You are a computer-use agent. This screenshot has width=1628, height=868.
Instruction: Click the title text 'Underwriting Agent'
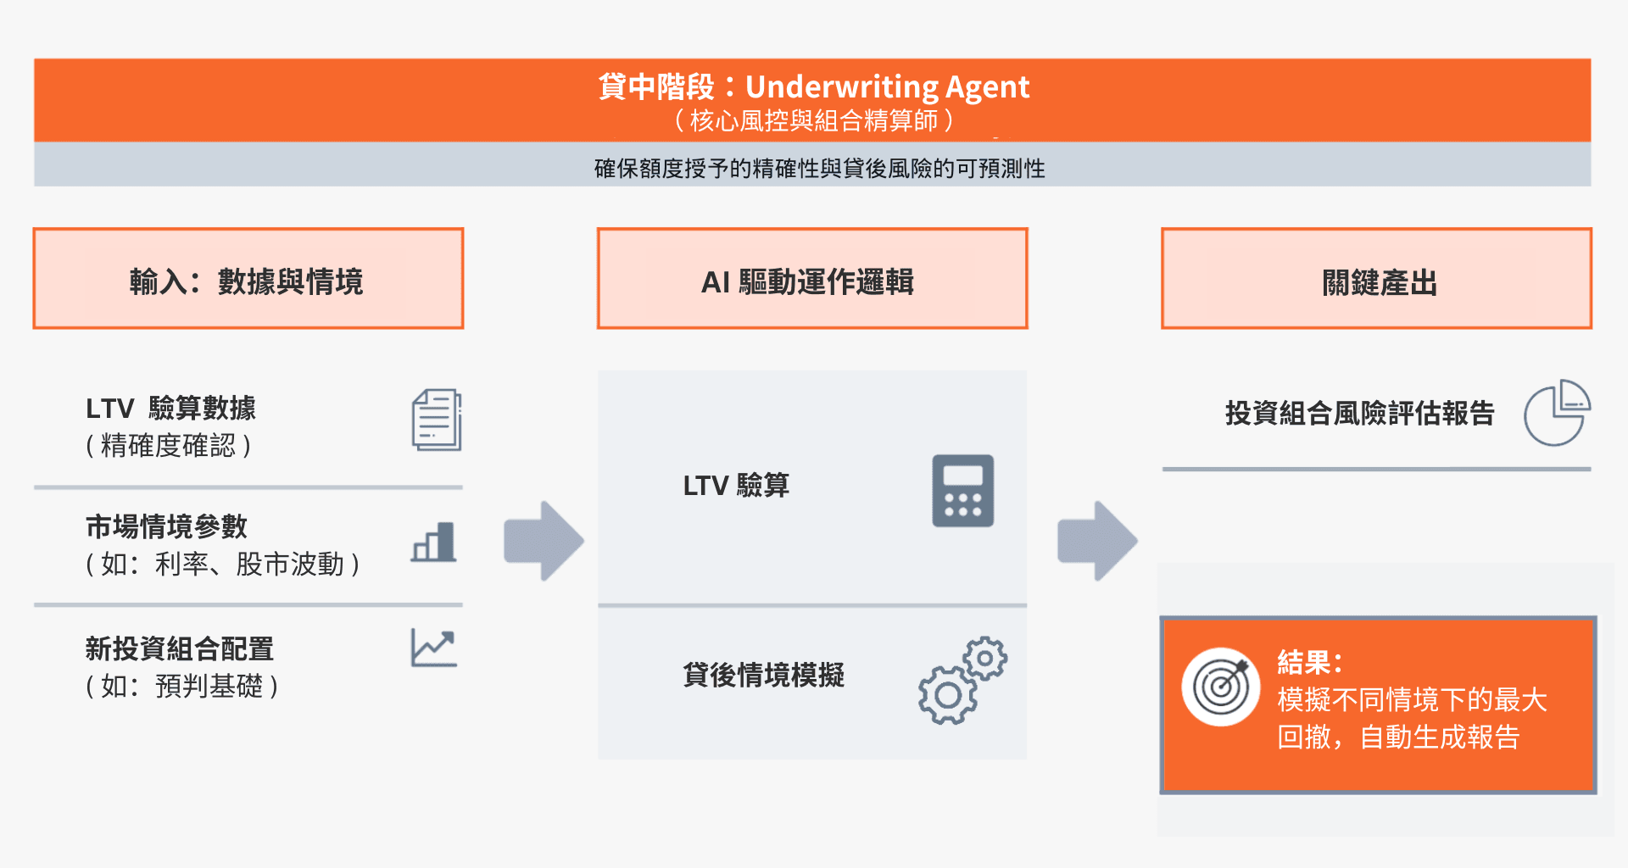click(887, 86)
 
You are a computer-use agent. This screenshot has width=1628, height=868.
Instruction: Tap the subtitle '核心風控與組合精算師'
click(814, 120)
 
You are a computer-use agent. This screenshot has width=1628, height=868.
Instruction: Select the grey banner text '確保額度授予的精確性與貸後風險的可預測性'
click(819, 168)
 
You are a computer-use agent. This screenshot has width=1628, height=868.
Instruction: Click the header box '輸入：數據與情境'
click(248, 279)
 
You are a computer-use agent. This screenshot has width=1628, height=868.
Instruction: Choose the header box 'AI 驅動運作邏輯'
click(811, 279)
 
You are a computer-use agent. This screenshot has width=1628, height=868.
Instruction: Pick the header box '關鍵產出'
click(1376, 279)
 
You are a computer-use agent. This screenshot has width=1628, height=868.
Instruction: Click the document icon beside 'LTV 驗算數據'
click(437, 420)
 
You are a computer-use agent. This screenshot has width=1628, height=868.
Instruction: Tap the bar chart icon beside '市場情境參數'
click(434, 542)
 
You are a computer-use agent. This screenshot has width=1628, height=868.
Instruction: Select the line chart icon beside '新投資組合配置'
click(434, 648)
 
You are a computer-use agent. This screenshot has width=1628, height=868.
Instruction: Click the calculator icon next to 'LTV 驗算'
click(962, 491)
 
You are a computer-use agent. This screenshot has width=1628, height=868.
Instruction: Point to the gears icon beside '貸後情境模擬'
click(962, 680)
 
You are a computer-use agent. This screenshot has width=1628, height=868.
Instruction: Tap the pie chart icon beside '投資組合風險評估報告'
click(1556, 413)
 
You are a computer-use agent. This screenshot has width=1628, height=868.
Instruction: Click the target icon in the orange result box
click(1221, 687)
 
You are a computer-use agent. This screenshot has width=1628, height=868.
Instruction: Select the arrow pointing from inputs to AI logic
click(544, 541)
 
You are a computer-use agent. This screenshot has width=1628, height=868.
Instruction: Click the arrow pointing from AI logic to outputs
click(1097, 541)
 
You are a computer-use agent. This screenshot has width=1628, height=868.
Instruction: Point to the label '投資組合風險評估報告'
click(1359, 414)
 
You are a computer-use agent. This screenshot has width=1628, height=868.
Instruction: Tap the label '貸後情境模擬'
click(763, 676)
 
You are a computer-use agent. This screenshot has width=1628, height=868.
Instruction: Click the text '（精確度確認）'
click(169, 446)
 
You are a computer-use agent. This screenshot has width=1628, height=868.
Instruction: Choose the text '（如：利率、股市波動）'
click(223, 565)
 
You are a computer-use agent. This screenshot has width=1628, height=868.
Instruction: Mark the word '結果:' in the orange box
click(1309, 662)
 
